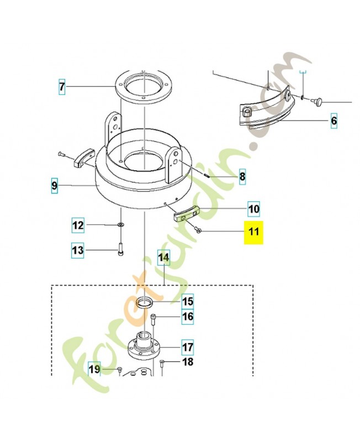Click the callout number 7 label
point(62,87)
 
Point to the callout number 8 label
point(242,177)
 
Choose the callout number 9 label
point(54,186)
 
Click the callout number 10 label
point(253,209)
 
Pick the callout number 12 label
point(78,225)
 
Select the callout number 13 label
point(78,250)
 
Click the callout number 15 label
point(188,301)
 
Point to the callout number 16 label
point(188,317)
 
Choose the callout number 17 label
point(188,347)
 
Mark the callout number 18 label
point(188,362)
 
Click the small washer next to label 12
point(120,225)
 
